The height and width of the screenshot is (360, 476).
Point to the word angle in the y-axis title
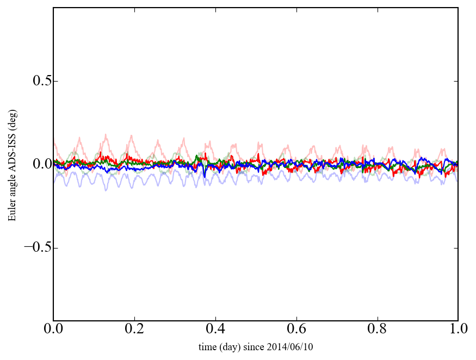(12, 189)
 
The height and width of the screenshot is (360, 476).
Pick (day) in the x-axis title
(229, 346)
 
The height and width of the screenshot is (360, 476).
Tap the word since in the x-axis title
(253, 346)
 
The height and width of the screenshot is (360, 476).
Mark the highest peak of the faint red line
(106, 134)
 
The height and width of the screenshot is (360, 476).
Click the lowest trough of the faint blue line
(106, 190)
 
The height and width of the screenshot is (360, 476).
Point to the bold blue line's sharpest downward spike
(205, 177)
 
